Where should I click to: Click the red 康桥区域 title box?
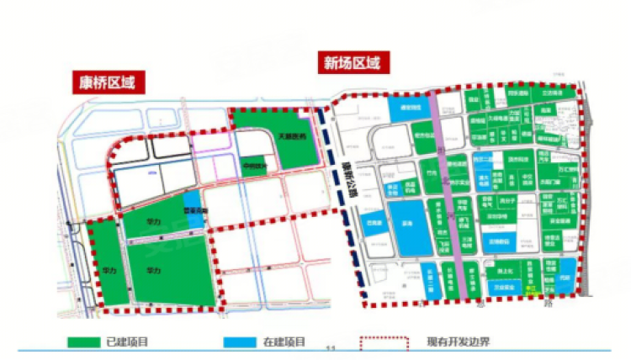click(x=107, y=82)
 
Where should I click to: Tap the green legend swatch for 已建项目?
click(x=83, y=343)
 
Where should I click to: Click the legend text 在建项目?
click(x=284, y=343)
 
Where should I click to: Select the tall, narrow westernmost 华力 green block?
click(x=107, y=262)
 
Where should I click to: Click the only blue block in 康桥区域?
click(x=193, y=215)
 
